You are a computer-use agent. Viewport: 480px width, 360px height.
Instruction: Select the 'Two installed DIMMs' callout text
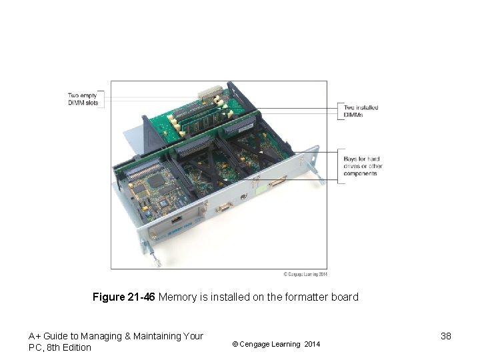click(x=361, y=110)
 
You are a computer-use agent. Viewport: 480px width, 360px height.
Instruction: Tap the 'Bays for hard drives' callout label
click(x=362, y=165)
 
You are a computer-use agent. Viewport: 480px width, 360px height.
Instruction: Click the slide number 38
click(x=446, y=337)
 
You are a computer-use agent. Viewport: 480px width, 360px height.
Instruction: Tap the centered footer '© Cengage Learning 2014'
click(x=275, y=344)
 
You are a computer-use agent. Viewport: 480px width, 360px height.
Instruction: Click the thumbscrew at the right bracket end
click(x=321, y=176)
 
